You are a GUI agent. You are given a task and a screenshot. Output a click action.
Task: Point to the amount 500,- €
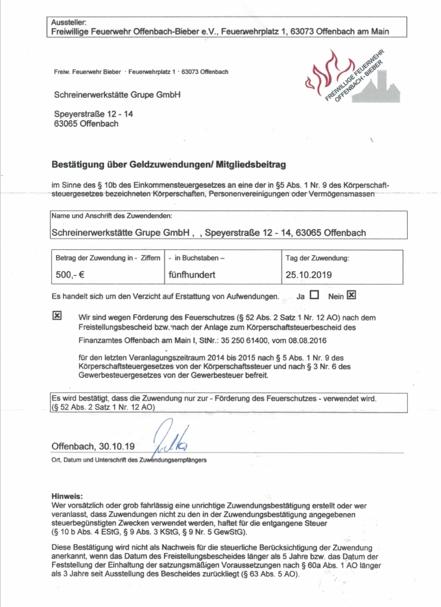tap(68, 274)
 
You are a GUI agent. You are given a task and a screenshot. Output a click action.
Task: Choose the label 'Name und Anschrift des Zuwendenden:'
tap(112, 216)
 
